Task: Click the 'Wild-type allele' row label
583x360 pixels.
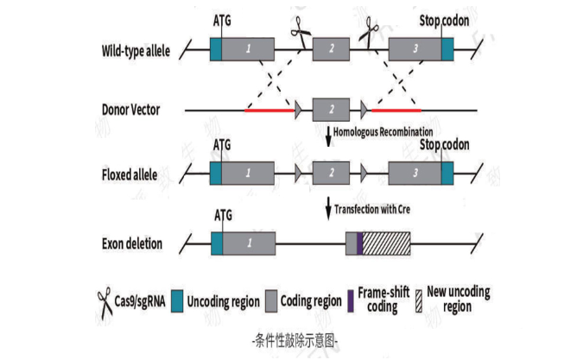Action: tap(136, 49)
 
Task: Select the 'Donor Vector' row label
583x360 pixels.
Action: tap(130, 111)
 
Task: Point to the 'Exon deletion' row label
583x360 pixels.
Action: tap(130, 243)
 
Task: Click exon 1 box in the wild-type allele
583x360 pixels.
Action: tap(249, 49)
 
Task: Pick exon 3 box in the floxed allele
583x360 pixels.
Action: tap(415, 174)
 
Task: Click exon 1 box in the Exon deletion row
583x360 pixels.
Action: tap(249, 243)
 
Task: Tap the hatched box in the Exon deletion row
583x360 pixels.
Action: tap(386, 243)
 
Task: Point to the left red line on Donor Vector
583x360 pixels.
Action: tap(269, 111)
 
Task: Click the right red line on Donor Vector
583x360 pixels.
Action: tap(396, 111)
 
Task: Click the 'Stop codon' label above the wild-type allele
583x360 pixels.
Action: tap(445, 20)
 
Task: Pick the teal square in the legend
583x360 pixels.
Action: tap(177, 300)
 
